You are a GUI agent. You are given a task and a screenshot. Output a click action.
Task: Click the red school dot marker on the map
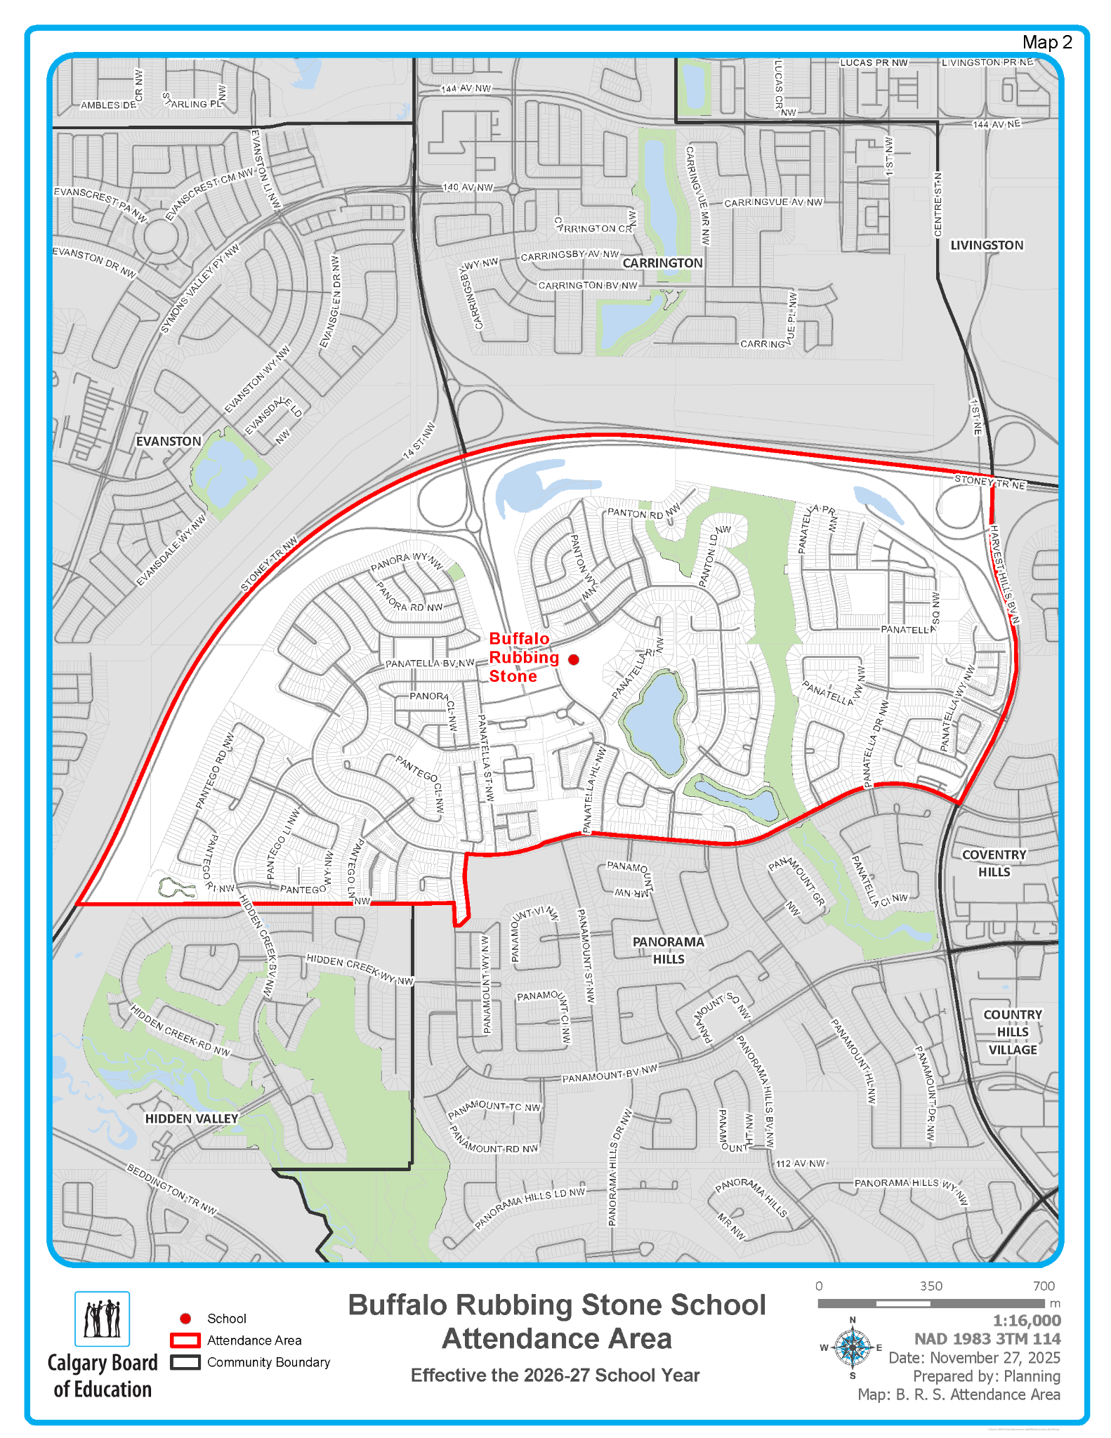[574, 659]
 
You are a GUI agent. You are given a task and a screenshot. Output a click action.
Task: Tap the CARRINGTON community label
[662, 263]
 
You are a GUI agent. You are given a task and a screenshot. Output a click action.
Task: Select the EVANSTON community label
[169, 441]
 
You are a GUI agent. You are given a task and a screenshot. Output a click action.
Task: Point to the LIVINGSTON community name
[987, 245]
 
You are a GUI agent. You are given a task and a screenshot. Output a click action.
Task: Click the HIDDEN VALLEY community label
[192, 1119]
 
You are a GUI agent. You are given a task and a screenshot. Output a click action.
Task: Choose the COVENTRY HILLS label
[994, 863]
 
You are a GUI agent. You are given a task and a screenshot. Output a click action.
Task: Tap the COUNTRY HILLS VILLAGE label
[1013, 1032]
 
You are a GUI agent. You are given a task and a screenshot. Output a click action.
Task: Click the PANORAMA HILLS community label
[668, 950]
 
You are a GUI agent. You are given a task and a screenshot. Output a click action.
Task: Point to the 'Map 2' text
[1046, 43]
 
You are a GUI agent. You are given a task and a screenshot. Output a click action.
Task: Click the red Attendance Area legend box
[185, 1340]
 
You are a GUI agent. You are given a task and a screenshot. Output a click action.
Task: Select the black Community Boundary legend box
[185, 1361]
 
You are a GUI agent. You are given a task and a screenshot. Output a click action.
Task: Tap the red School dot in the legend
[185, 1318]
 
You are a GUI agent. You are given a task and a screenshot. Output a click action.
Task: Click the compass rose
[853, 1347]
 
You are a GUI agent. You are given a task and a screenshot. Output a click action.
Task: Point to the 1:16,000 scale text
[1026, 1320]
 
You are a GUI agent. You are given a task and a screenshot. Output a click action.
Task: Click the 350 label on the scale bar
[931, 1286]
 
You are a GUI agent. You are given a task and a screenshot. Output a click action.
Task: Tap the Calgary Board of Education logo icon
[103, 1319]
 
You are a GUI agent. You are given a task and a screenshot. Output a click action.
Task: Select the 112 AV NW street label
[801, 1163]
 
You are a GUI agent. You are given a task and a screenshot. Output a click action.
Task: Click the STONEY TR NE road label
[990, 482]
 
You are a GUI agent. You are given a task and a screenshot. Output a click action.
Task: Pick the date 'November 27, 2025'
[994, 1357]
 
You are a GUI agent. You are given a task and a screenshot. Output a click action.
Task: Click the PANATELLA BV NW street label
[430, 663]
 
